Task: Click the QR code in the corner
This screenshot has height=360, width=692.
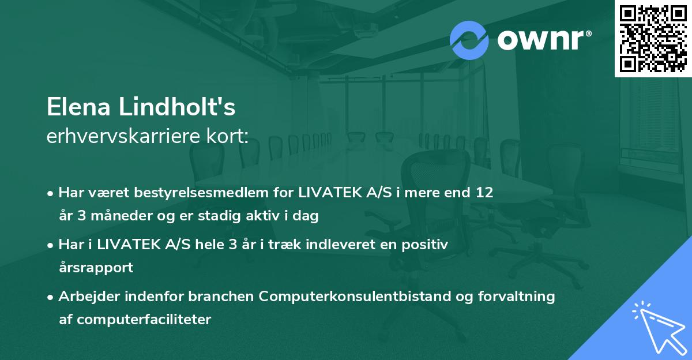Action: click(653, 38)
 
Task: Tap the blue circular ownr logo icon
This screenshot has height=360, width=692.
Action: click(469, 40)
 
